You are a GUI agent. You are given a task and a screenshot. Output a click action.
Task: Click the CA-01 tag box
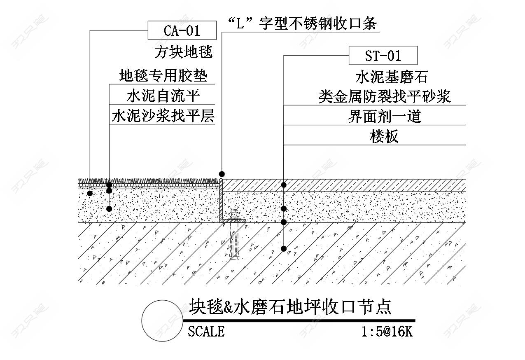(182, 31)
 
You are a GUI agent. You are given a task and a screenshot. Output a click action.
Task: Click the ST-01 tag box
(383, 55)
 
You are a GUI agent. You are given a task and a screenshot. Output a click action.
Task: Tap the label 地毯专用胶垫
(163, 76)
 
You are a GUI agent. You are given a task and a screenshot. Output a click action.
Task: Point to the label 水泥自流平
(163, 96)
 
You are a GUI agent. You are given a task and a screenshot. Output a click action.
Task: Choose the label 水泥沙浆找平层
(163, 116)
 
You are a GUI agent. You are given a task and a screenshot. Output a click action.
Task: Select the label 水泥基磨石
(386, 77)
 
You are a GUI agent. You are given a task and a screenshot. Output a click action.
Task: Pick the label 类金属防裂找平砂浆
(384, 96)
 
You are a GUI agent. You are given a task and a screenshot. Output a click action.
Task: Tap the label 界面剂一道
(384, 117)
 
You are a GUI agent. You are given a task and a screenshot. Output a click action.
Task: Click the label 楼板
(384, 136)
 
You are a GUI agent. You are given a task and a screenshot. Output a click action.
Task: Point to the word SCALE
(206, 331)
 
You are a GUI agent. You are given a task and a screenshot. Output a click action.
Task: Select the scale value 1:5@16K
(387, 331)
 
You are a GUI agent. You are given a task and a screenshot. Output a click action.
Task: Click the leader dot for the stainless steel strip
(222, 173)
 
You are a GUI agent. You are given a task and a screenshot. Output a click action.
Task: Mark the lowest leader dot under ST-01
(284, 248)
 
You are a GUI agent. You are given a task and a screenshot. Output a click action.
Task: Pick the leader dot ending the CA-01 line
(90, 193)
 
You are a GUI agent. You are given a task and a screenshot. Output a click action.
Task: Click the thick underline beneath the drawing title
(299, 320)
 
